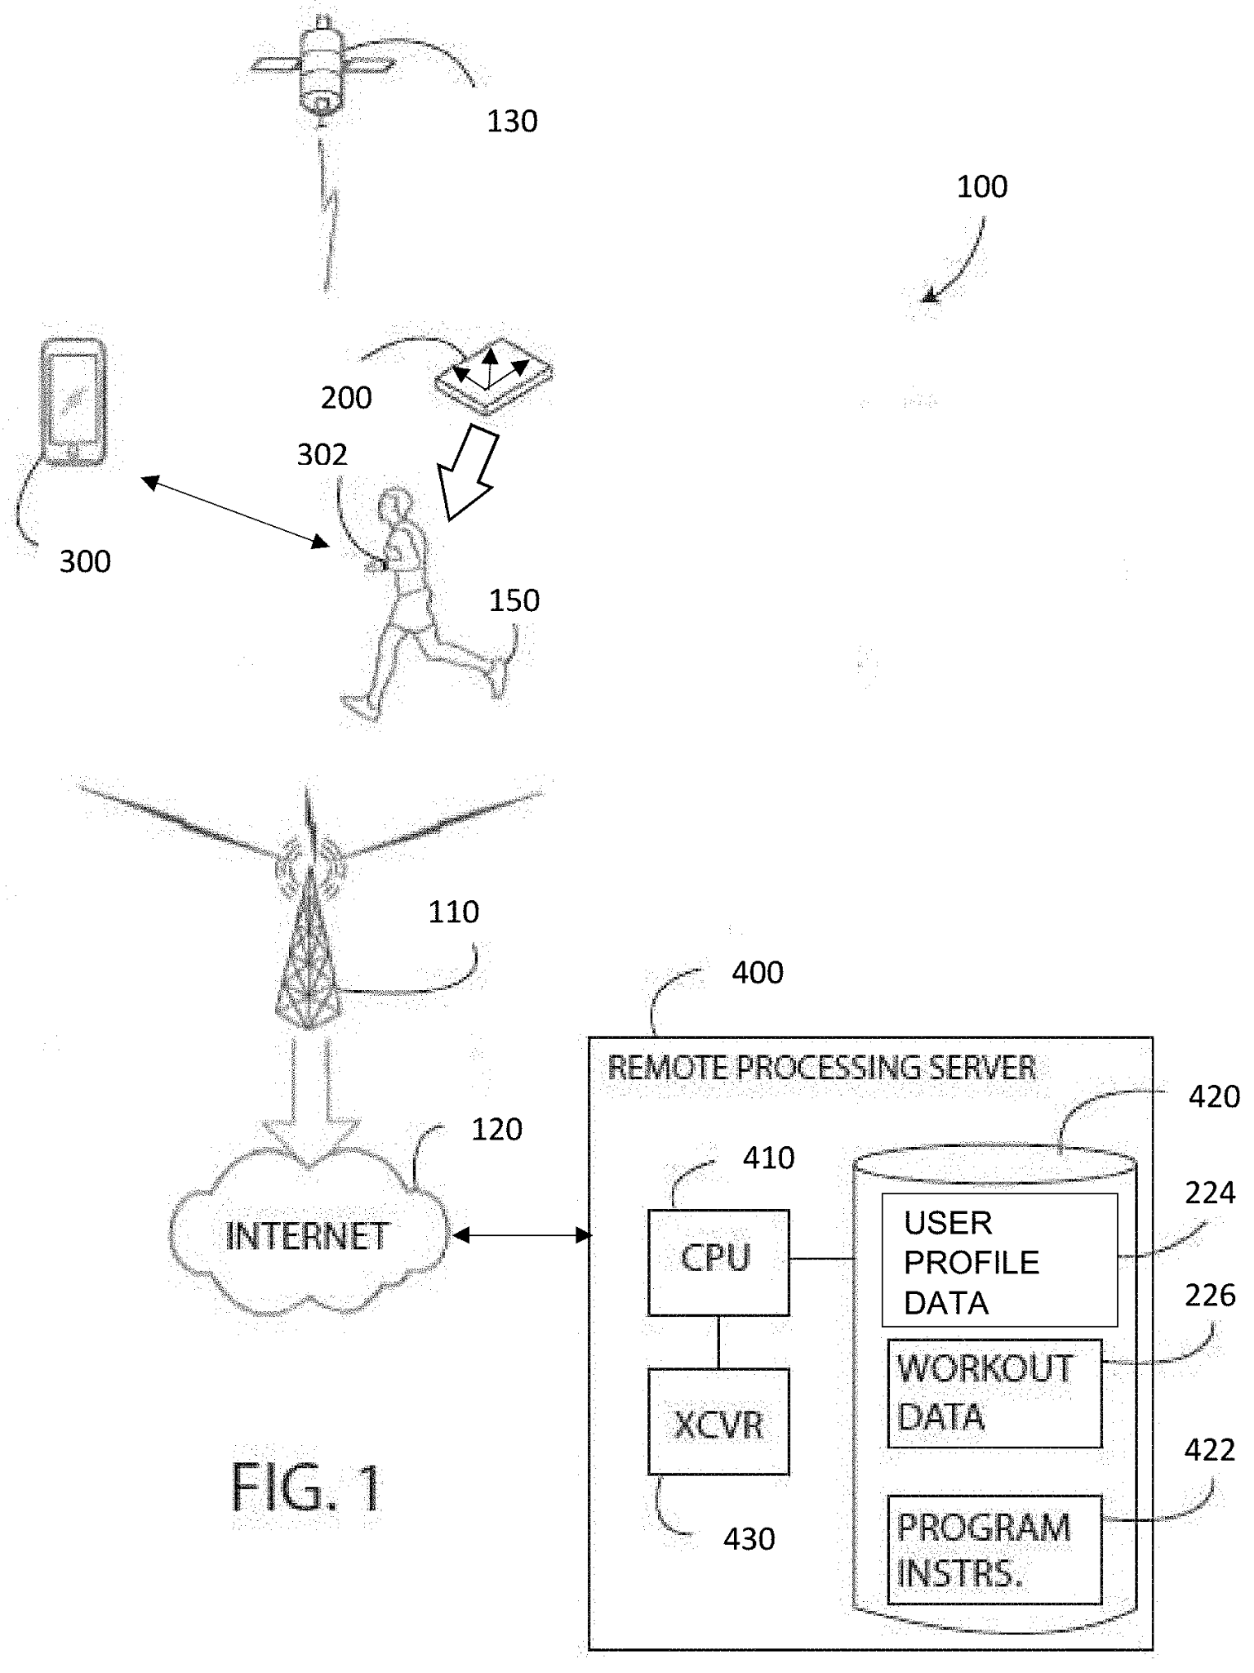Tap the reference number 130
[x=512, y=122]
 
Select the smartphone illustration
[x=73, y=402]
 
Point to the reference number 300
[x=85, y=562]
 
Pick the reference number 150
[x=514, y=601]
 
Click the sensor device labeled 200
[x=493, y=374]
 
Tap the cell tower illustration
[x=309, y=939]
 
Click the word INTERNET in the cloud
[x=307, y=1237]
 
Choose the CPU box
[x=718, y=1261]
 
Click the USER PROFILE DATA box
[x=998, y=1260]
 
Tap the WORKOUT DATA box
[x=994, y=1393]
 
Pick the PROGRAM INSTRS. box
[x=994, y=1549]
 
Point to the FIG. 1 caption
[x=306, y=1488]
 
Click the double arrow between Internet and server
[x=521, y=1236]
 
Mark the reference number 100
[x=981, y=187]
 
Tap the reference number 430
[x=749, y=1540]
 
